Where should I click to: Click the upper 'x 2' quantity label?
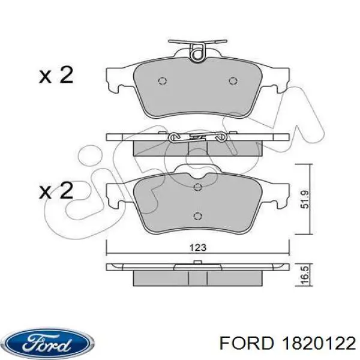(56, 76)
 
